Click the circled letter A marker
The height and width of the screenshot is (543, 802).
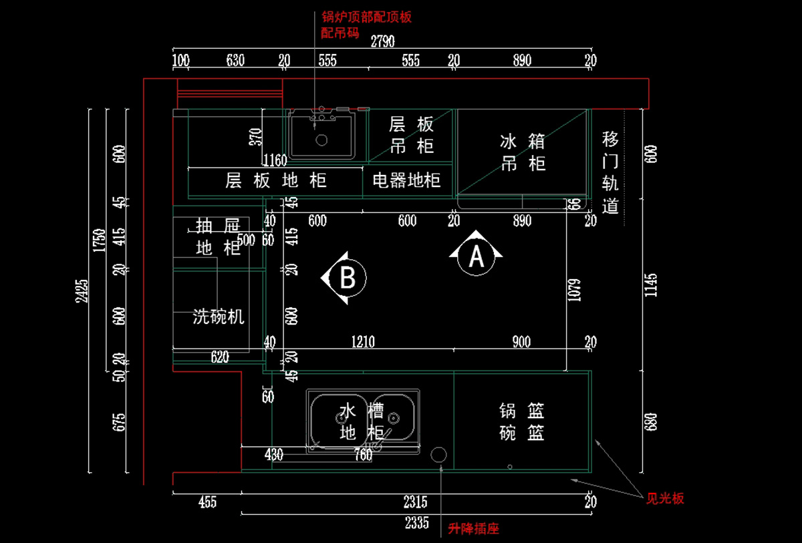click(x=476, y=255)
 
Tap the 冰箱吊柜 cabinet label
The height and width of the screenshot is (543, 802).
click(x=523, y=152)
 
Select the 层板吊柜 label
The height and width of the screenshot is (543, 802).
click(x=411, y=134)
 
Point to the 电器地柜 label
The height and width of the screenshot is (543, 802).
click(x=406, y=180)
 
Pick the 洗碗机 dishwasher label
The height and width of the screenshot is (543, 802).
click(x=219, y=316)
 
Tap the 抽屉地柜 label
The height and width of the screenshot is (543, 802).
click(x=219, y=236)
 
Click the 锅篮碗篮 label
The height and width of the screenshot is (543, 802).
click(x=521, y=421)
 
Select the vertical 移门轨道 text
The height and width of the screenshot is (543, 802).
click(x=610, y=172)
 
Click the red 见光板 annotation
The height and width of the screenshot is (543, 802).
click(x=665, y=498)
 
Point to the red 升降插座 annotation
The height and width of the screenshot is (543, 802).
click(x=474, y=529)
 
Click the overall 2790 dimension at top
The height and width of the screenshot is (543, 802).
click(x=382, y=41)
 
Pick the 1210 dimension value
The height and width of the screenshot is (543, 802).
click(x=363, y=342)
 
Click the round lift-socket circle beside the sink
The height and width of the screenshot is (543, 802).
click(x=439, y=455)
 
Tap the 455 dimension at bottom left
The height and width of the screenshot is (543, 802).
click(x=207, y=502)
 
